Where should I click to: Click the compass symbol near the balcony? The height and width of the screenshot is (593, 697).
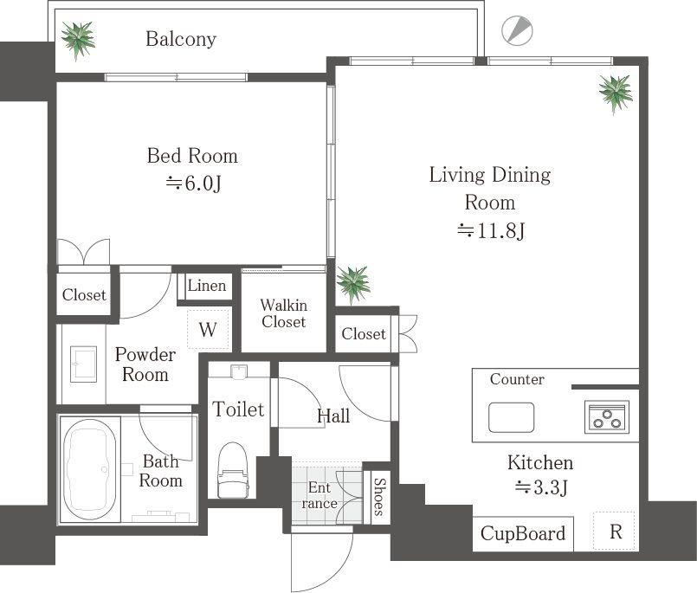click(x=517, y=30)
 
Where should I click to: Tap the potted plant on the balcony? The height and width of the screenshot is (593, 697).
click(x=78, y=40)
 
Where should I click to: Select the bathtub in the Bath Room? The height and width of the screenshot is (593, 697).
click(x=90, y=468)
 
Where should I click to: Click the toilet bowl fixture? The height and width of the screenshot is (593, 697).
click(x=233, y=470)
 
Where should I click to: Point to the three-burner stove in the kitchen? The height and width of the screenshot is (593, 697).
click(x=607, y=417)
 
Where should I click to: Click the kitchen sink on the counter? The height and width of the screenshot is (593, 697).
click(x=511, y=417)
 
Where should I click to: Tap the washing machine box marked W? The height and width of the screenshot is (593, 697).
click(x=208, y=329)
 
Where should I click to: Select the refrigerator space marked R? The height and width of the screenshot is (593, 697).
click(x=616, y=532)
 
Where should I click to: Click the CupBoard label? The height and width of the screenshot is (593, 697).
click(x=523, y=533)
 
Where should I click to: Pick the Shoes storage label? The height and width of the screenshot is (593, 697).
click(x=379, y=497)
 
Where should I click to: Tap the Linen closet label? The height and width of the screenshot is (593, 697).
click(x=207, y=286)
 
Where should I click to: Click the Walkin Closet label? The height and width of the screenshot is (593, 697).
click(x=284, y=313)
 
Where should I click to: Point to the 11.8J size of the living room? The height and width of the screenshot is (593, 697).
click(x=491, y=231)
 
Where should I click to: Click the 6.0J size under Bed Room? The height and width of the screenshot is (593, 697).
click(x=194, y=183)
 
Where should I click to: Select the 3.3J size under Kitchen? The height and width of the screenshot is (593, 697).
click(x=541, y=487)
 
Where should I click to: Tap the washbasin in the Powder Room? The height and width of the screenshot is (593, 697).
click(x=84, y=364)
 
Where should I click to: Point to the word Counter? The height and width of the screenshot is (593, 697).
click(x=517, y=379)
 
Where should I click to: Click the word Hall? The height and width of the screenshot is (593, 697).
click(x=333, y=416)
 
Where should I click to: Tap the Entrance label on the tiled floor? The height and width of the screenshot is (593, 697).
click(x=319, y=495)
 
